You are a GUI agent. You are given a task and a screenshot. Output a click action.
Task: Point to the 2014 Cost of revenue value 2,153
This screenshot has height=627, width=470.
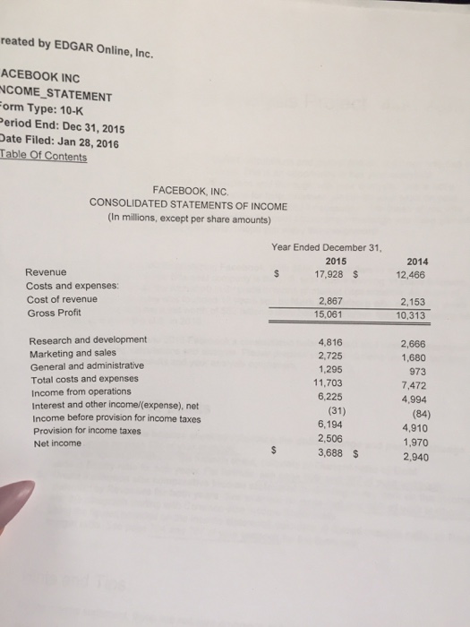pyautogui.click(x=414, y=303)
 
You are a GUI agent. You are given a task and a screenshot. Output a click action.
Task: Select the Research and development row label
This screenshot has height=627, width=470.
pyautogui.click(x=88, y=339)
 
